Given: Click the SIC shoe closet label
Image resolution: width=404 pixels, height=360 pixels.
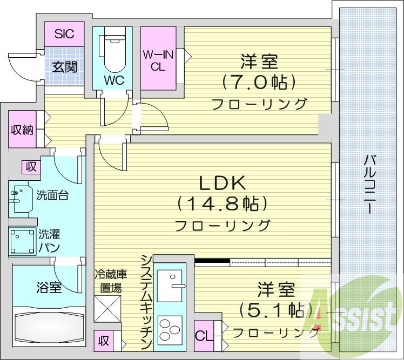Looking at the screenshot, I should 65,34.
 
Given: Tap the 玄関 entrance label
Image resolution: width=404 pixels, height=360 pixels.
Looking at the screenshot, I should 64,66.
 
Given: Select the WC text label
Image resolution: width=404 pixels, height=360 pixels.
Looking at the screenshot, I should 115,80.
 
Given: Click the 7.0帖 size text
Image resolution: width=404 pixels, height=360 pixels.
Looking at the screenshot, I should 259,83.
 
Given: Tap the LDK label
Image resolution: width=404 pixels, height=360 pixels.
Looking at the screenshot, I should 223,184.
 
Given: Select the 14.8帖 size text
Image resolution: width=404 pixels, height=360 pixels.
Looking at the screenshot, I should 223,204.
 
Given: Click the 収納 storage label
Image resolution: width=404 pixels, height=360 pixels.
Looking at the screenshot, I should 22,130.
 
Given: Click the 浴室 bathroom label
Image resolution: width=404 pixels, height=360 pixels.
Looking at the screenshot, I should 49,287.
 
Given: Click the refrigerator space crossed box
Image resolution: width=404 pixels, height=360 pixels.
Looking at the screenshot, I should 108,309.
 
